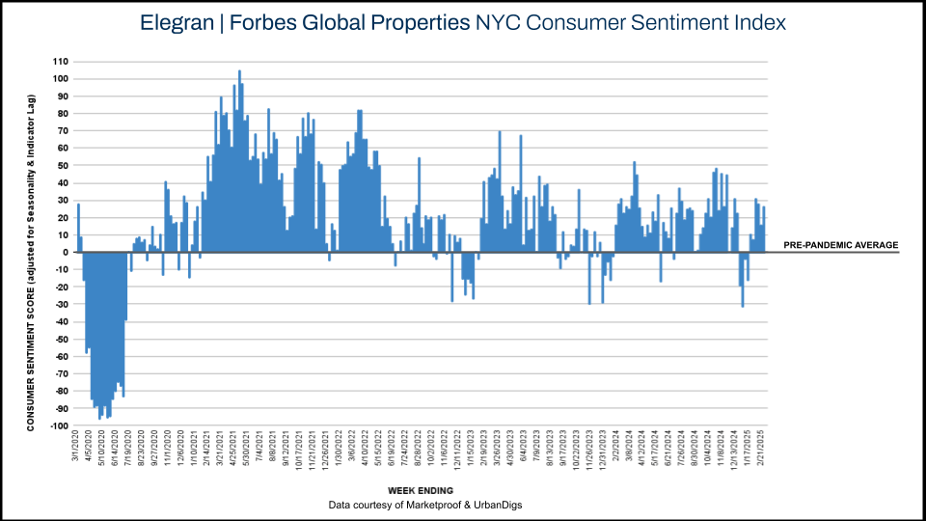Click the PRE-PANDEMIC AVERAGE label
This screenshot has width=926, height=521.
[x=841, y=245]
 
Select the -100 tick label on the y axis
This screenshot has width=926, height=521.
[x=58, y=426]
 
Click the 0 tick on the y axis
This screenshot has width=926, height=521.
[x=65, y=253]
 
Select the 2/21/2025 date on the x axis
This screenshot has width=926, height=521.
[x=763, y=449]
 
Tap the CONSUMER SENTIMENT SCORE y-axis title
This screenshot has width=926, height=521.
[x=31, y=260]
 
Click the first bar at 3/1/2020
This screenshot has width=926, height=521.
[x=78, y=228]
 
